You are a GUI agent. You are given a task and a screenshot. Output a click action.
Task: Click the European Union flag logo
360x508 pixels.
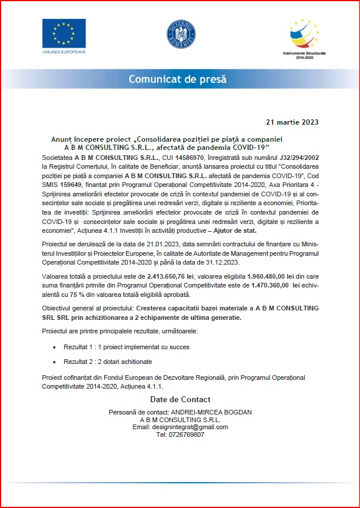[x=64, y=34]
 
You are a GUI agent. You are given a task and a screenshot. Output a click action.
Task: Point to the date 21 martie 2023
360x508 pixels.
[x=292, y=122]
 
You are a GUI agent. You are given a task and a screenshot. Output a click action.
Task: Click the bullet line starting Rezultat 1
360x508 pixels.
[x=126, y=347]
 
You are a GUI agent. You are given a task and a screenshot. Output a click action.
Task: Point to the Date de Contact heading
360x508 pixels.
[x=180, y=400]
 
